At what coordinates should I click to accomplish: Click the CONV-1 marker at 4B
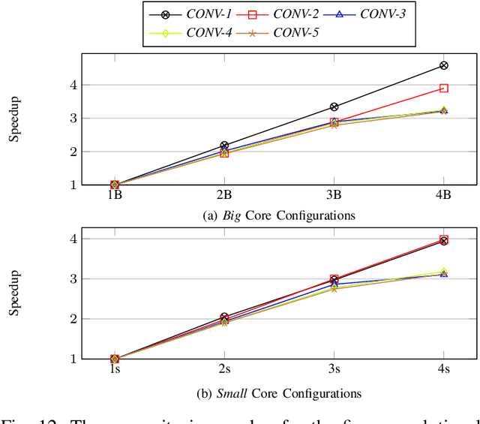click(443, 66)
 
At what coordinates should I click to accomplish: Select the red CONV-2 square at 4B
click(443, 89)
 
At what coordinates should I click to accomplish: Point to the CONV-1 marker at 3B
click(334, 107)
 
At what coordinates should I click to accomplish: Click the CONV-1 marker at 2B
click(224, 146)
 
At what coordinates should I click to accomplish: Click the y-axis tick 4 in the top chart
click(94, 86)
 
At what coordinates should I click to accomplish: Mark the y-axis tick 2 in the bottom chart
click(94, 319)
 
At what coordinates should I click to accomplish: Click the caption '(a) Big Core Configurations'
click(279, 216)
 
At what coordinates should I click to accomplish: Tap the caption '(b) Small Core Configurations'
click(279, 393)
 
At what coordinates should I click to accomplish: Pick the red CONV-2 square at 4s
click(443, 240)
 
